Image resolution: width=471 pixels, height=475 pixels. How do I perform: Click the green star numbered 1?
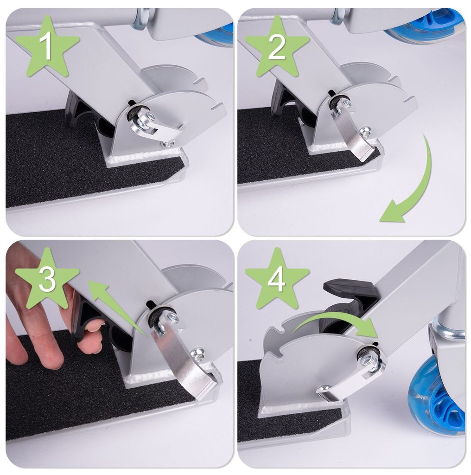point(47,47)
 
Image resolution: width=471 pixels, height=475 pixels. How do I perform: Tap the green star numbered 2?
point(277,47)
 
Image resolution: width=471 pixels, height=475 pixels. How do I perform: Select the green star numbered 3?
point(47,279)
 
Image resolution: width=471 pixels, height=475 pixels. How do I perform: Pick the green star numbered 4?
point(277,279)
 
